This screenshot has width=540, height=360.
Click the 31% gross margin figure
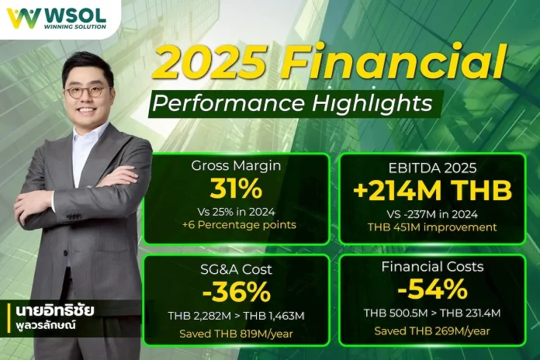tap(236, 189)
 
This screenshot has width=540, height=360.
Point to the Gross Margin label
tap(236, 166)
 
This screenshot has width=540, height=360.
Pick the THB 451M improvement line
tap(432, 227)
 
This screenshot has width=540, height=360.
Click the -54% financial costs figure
tap(432, 290)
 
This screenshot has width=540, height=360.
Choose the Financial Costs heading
tap(432, 267)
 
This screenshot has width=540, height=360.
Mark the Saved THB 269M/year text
tap(432, 331)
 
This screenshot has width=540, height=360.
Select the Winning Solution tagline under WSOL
tap(69, 24)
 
